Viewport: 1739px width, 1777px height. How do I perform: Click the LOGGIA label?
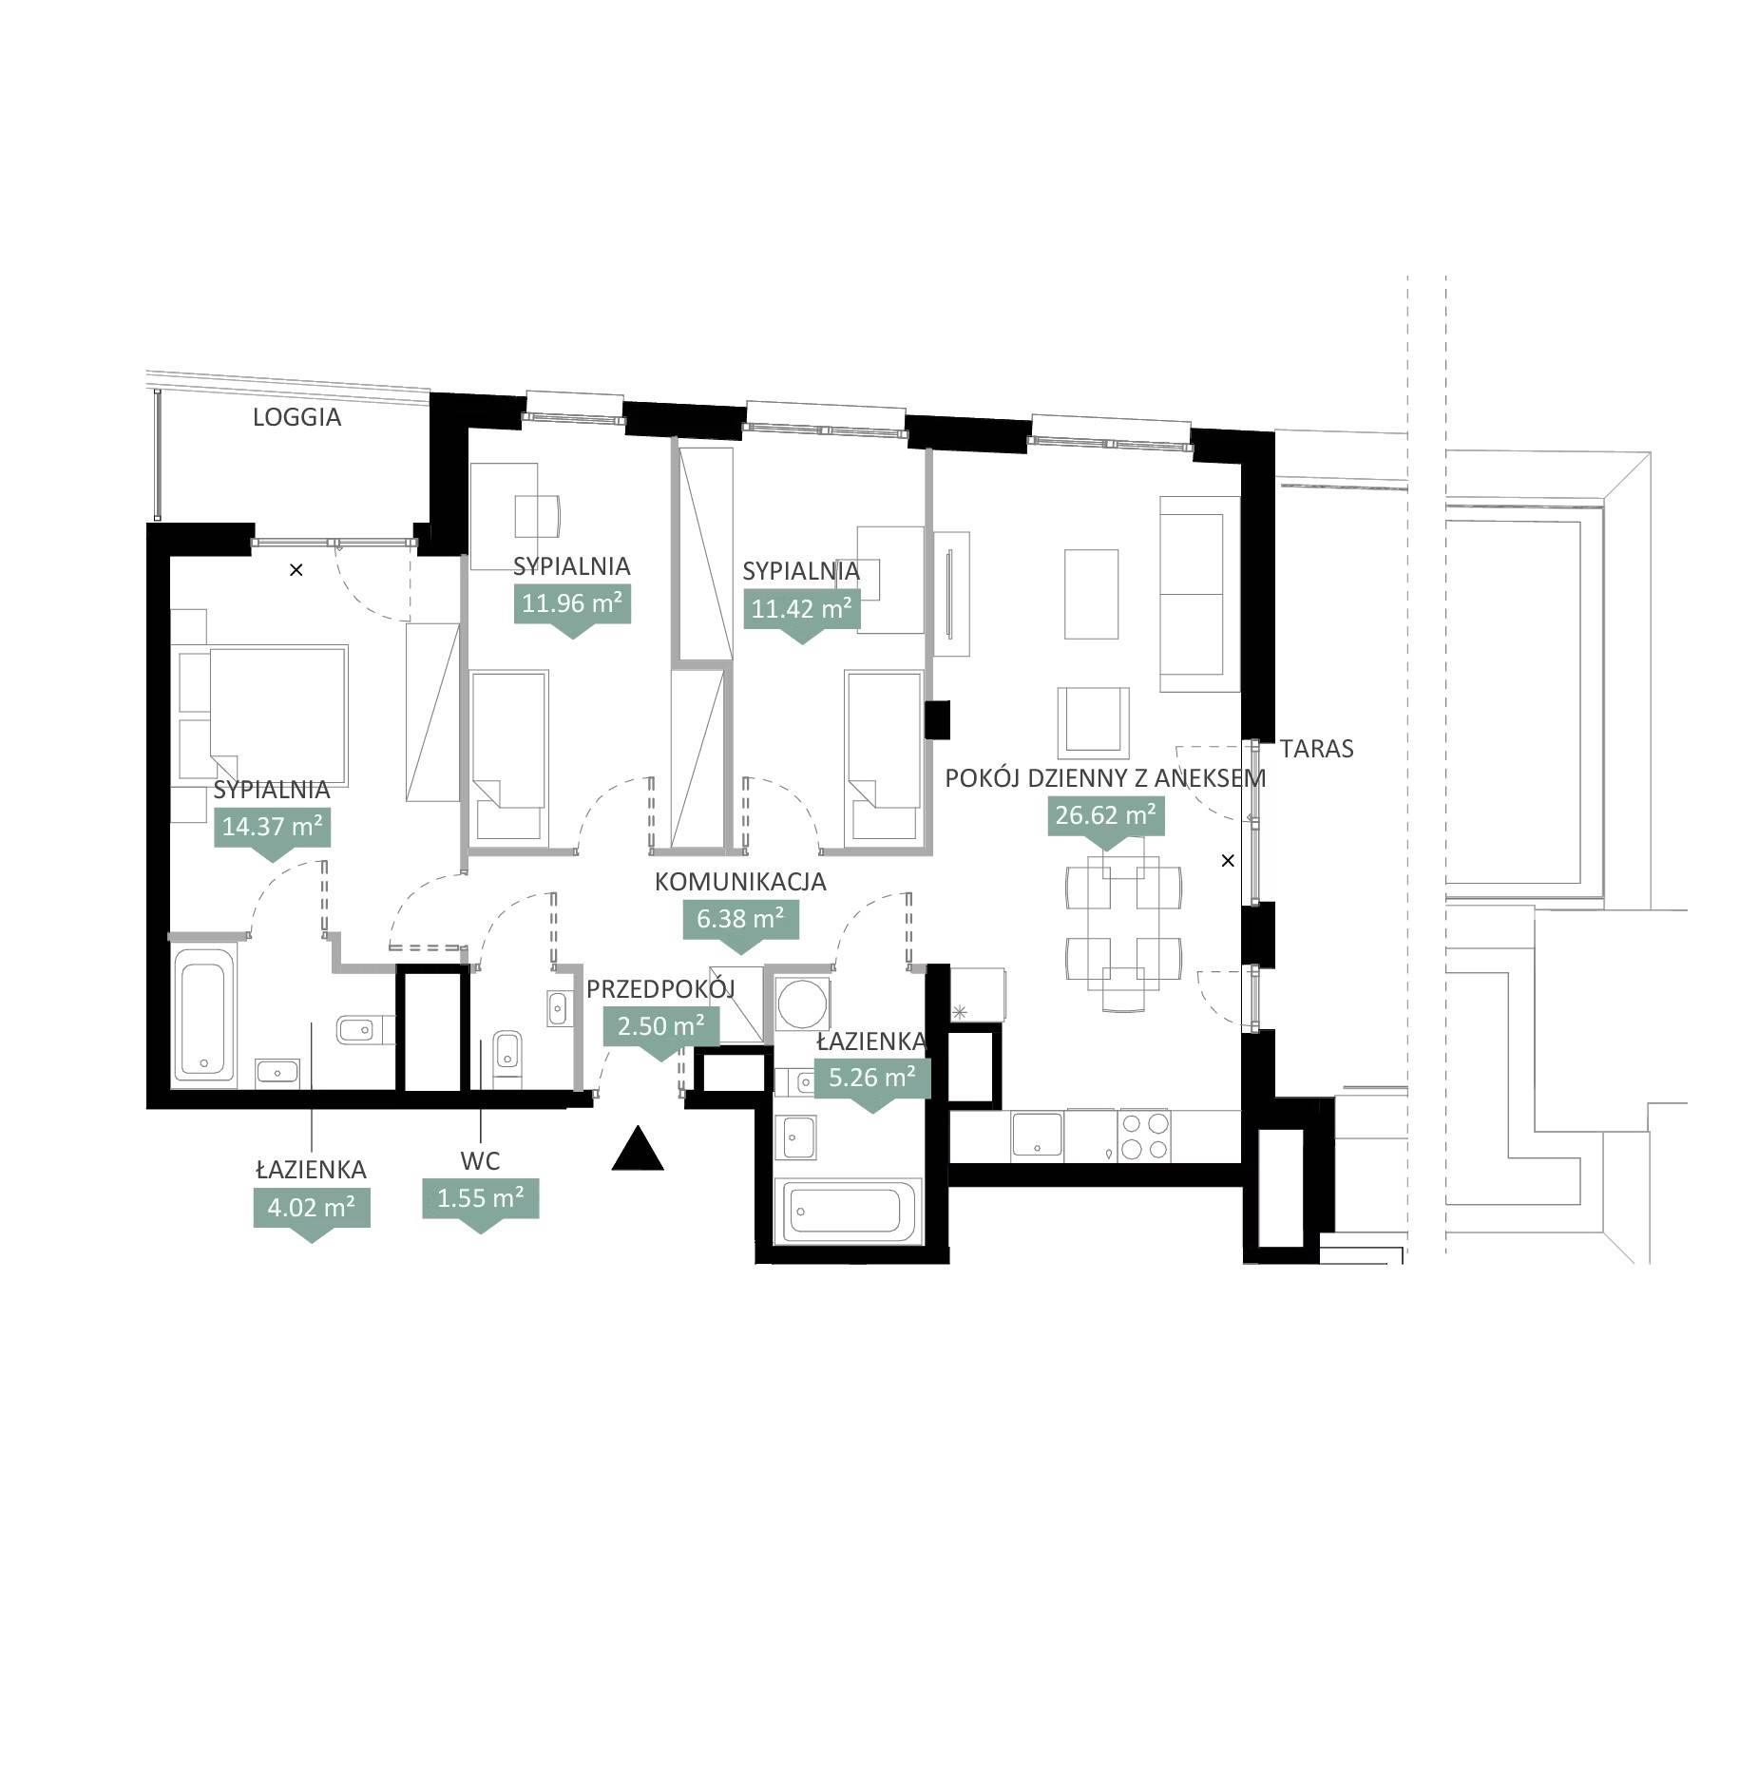(296, 417)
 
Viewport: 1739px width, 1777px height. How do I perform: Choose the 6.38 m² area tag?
(740, 923)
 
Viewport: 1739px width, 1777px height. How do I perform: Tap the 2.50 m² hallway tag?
(661, 1030)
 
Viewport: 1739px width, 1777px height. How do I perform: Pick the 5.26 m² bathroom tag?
(872, 1081)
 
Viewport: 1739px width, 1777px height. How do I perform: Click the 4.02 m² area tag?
(312, 1212)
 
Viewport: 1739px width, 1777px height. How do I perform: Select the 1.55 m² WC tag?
(480, 1202)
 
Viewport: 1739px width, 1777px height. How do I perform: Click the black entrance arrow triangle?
(638, 1147)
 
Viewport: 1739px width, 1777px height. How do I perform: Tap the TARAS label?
(1316, 749)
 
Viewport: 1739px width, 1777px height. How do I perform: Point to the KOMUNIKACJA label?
(740, 882)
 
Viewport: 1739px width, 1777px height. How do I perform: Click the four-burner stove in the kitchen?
(1145, 1136)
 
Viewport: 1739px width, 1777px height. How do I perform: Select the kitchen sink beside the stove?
(1038, 1136)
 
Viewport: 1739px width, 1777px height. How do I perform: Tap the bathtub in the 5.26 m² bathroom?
(849, 1212)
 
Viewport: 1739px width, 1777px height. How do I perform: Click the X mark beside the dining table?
(1228, 861)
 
